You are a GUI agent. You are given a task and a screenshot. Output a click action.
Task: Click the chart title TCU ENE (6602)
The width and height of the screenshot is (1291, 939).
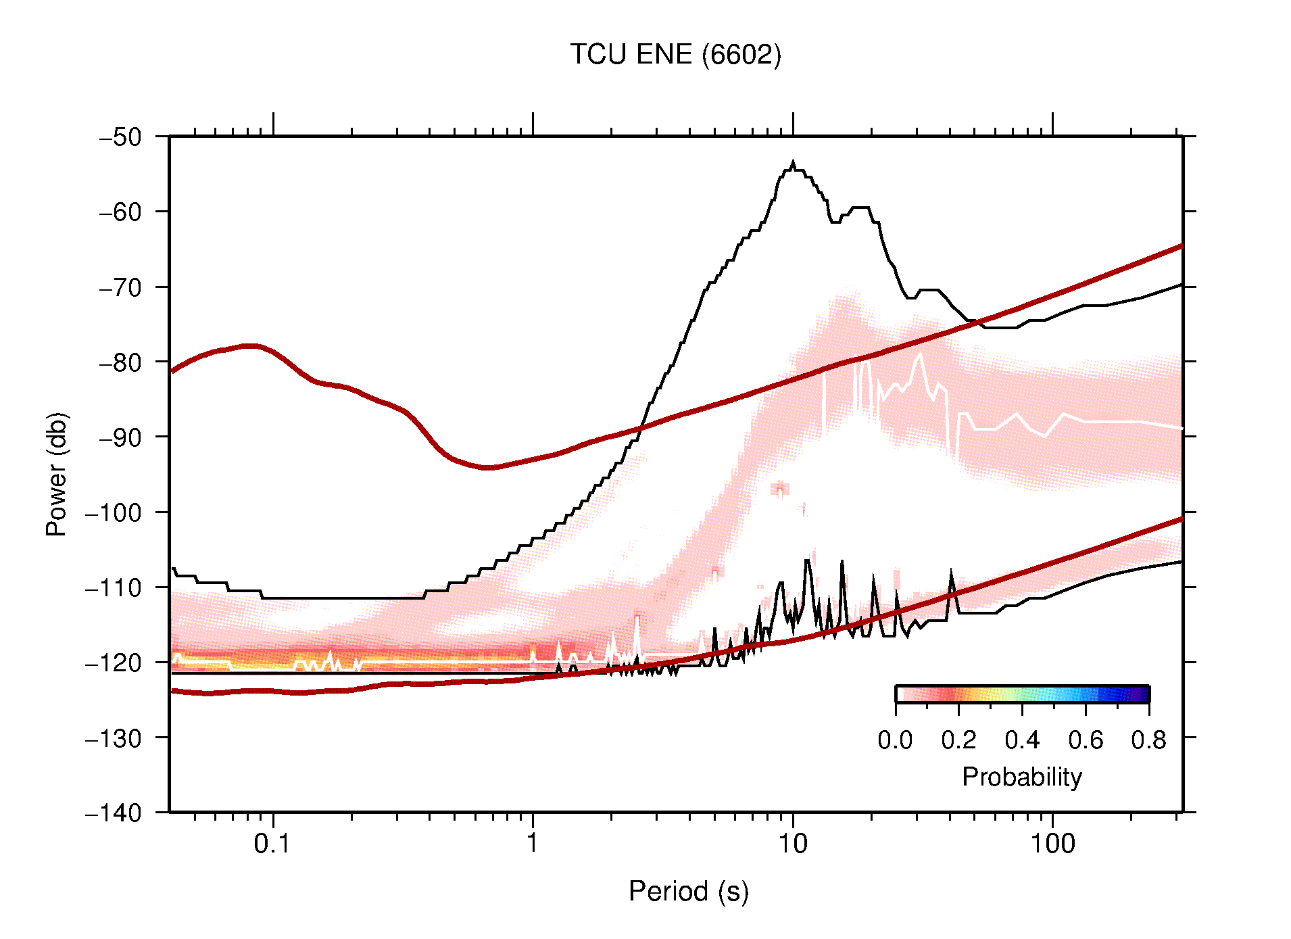[x=675, y=55]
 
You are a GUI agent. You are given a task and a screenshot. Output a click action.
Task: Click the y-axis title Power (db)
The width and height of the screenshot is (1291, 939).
[x=57, y=474]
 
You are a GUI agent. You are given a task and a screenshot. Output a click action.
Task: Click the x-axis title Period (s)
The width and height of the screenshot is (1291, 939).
[x=688, y=891]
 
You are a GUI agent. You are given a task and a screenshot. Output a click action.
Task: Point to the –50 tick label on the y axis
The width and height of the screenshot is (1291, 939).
[x=120, y=137]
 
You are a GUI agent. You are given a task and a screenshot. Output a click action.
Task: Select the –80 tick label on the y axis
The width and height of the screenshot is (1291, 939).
[x=120, y=362]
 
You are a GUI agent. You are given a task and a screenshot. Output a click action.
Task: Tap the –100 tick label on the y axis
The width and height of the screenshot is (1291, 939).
[x=114, y=512]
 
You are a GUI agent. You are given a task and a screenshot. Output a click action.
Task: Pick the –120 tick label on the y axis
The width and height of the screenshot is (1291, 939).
[x=114, y=663]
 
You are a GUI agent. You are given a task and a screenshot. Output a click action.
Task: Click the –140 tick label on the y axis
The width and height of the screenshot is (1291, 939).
[x=114, y=813]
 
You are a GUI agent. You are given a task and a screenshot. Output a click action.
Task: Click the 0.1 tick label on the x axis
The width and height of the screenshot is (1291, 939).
[x=272, y=844]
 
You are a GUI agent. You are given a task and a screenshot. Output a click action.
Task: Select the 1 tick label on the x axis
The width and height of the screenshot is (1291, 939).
[x=533, y=844]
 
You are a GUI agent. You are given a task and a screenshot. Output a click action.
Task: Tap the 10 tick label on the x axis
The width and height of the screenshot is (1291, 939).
[x=792, y=844]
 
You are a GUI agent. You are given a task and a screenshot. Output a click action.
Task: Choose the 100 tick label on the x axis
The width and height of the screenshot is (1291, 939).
[x=1052, y=844]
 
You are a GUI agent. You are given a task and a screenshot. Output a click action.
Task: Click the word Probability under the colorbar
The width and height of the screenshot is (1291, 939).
[x=1021, y=777]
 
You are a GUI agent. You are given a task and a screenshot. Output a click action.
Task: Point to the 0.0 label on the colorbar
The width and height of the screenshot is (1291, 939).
[x=895, y=740]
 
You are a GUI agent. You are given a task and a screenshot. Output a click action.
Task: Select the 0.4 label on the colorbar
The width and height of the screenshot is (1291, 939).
[x=1022, y=740]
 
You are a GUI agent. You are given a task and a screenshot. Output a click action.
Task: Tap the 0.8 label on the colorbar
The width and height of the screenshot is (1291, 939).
[x=1148, y=740]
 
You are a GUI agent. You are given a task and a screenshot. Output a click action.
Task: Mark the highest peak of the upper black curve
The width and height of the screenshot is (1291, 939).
[x=793, y=163]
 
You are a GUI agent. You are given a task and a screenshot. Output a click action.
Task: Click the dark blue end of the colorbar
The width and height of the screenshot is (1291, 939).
[x=1142, y=694]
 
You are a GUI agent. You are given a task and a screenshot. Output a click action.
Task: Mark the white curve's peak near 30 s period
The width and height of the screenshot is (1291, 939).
[x=921, y=354]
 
